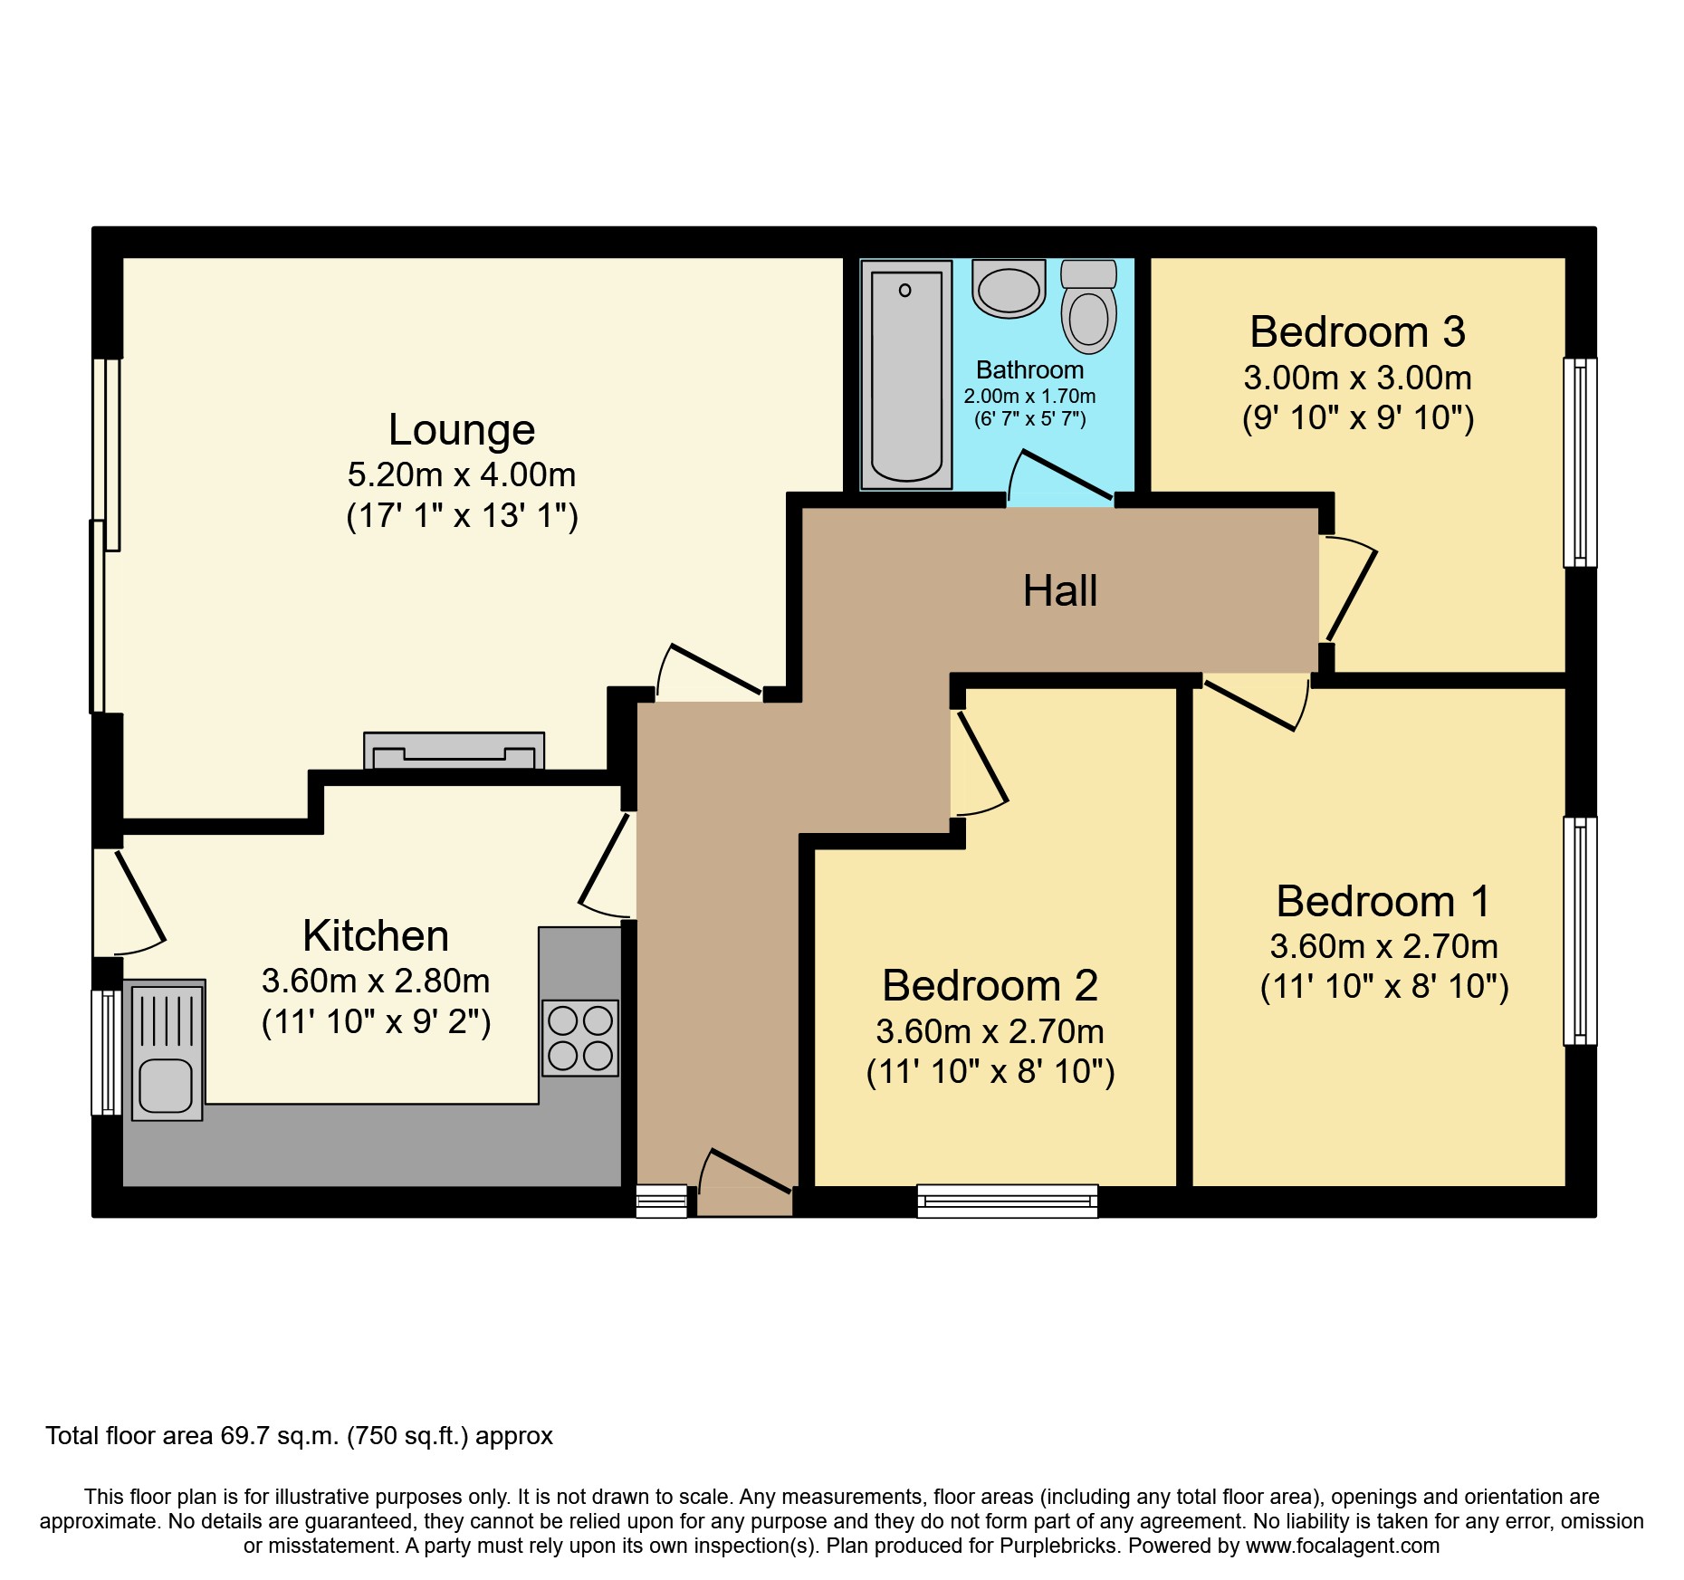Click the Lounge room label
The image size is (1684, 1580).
click(x=462, y=430)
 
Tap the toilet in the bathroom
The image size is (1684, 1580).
click(x=1088, y=308)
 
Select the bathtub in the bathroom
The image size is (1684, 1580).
click(x=905, y=374)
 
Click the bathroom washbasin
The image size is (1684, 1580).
click(x=1009, y=288)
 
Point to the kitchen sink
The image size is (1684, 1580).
click(x=167, y=1050)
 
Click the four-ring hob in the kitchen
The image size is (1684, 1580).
click(x=579, y=1038)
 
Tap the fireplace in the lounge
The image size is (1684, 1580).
click(x=454, y=751)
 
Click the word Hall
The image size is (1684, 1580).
click(x=1059, y=591)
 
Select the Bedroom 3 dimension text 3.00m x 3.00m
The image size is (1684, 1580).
click(x=1357, y=378)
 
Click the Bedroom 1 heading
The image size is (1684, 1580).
click(x=1383, y=902)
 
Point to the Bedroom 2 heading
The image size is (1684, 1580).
click(x=990, y=986)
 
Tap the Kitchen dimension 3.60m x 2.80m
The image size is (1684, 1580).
click(x=376, y=982)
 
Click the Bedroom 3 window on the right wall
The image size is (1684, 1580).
click(x=1580, y=462)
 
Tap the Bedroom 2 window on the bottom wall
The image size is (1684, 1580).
click(x=1007, y=1201)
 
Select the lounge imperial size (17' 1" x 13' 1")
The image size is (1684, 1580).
click(x=462, y=516)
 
